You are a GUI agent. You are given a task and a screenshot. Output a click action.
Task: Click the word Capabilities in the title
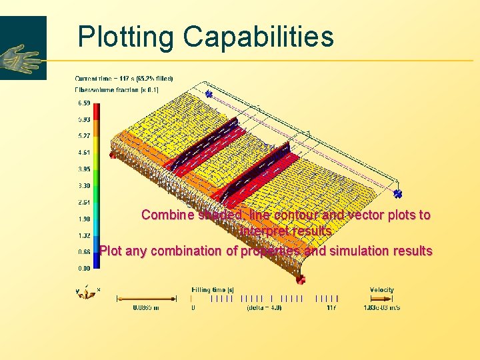pyautogui.click(x=259, y=37)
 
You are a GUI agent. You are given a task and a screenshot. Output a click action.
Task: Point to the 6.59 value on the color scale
pyautogui.click(x=85, y=103)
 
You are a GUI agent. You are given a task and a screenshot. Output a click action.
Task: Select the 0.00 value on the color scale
pyautogui.click(x=85, y=268)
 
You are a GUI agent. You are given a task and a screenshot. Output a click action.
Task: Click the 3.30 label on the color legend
pyautogui.click(x=85, y=186)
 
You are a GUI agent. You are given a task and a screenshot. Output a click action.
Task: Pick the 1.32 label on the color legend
pyautogui.click(x=85, y=235)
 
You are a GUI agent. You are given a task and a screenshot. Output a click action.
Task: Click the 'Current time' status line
pyautogui.click(x=123, y=78)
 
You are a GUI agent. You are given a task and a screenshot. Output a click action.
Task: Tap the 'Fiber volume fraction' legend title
pyautogui.click(x=117, y=89)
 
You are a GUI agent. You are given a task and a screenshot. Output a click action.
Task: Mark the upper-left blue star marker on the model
pyautogui.click(x=208, y=95)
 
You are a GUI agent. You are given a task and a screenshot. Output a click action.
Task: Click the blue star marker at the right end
pyautogui.click(x=397, y=194)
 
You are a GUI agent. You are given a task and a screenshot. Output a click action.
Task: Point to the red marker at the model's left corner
pyautogui.click(x=112, y=155)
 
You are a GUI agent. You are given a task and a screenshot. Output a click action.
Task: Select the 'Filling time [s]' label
pyautogui.click(x=213, y=290)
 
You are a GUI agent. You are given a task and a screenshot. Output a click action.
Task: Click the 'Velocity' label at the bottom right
pyautogui.click(x=381, y=290)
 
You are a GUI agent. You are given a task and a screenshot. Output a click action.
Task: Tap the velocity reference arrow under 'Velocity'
pyautogui.click(x=381, y=299)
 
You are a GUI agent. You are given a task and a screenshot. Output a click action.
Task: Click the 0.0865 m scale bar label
pyautogui.click(x=145, y=308)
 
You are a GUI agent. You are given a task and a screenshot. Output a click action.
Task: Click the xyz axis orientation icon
pyautogui.click(x=87, y=292)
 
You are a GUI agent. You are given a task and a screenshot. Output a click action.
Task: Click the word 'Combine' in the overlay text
pyautogui.click(x=168, y=215)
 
